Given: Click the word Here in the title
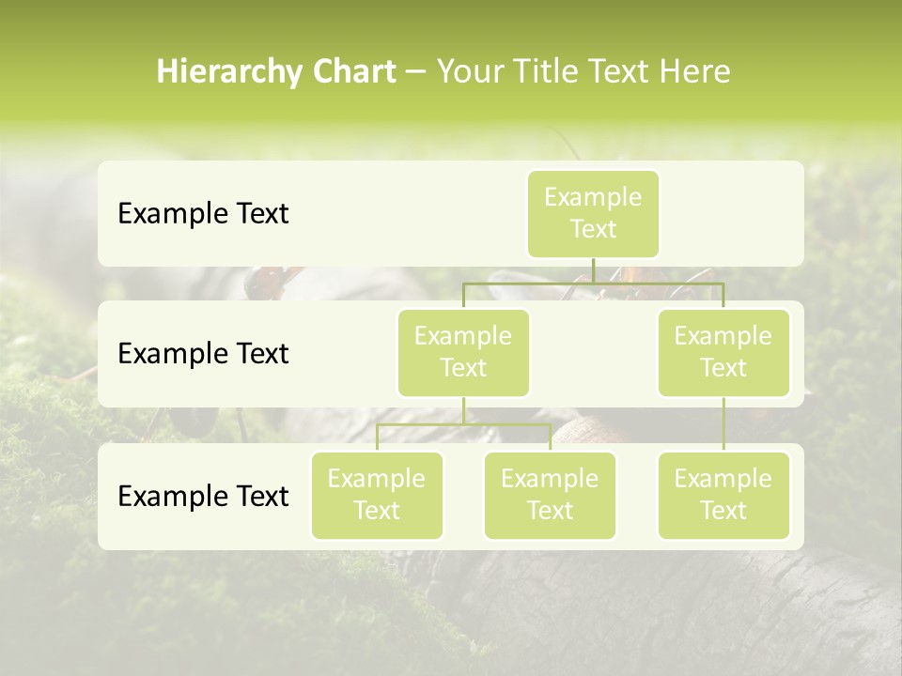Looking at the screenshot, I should pos(695,72).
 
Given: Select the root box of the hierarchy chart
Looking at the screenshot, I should pos(593,213).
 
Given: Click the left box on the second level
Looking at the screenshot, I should pos(463,352).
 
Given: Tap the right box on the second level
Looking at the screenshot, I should pos(723,352).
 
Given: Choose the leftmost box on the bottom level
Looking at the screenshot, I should pos(377,495).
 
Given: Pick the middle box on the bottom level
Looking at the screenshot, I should pos(550,495).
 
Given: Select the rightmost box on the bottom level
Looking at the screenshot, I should pos(723,495).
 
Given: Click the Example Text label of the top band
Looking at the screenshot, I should pos(203,214).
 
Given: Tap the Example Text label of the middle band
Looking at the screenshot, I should pos(203,354).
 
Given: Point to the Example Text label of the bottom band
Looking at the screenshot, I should pos(203,497).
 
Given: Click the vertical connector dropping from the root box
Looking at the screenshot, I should pos(593,270).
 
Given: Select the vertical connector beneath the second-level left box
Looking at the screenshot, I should pos(463,410).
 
